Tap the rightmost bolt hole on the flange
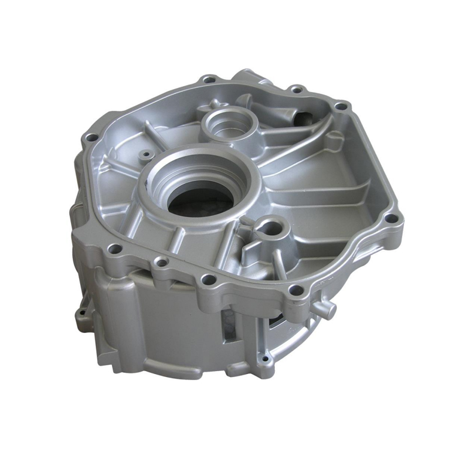388,219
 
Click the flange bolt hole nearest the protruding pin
297,290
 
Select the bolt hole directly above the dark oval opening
297,90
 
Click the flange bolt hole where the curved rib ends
339,106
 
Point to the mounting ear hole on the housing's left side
82,305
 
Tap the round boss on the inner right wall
334,141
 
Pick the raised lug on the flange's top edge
246,76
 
